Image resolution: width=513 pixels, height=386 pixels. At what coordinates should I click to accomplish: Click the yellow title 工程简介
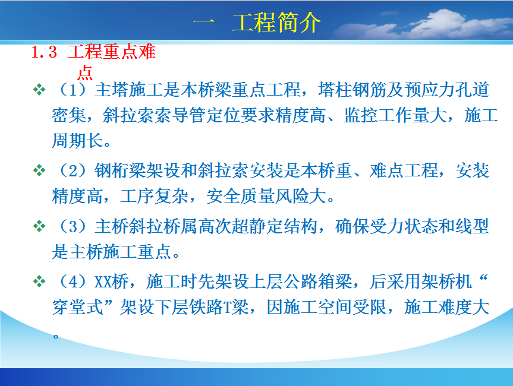[x=276, y=22]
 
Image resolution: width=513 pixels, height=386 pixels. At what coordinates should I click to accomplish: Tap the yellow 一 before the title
[x=204, y=22]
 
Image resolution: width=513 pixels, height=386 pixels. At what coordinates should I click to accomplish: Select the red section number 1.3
[x=44, y=52]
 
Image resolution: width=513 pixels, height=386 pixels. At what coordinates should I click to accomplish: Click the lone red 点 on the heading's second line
[x=85, y=72]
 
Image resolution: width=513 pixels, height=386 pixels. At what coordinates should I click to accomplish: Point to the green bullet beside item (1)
[x=39, y=90]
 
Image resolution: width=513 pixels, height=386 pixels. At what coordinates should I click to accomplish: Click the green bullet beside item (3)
[x=39, y=226]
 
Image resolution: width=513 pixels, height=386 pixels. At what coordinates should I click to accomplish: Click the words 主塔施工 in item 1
[x=129, y=90]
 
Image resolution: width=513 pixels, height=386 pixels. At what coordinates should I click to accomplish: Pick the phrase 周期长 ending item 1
[x=77, y=141]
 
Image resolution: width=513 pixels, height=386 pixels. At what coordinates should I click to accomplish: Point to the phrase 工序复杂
[x=155, y=196]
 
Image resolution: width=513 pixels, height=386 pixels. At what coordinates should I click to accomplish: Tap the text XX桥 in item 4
[x=112, y=281]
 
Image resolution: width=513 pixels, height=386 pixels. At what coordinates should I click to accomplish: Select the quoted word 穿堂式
[x=77, y=307]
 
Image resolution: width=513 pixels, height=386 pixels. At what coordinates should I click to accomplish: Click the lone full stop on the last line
[x=56, y=336]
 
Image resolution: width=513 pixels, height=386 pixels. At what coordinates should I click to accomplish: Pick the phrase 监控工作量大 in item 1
[x=395, y=115]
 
